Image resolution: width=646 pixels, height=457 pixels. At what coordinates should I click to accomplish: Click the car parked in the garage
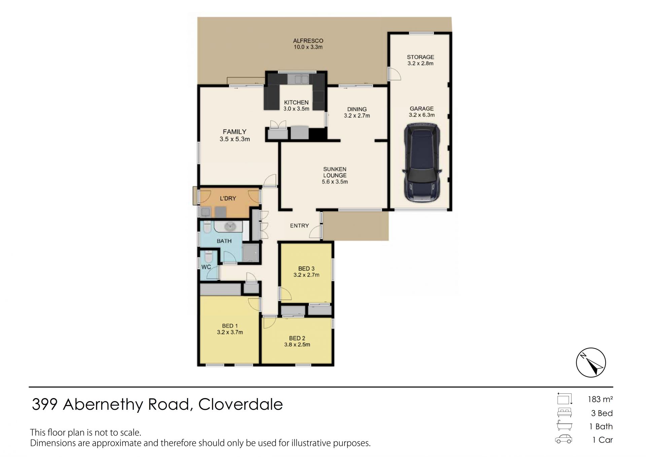[x=422, y=163]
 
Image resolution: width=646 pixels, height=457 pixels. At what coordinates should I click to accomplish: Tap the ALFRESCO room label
[x=308, y=41]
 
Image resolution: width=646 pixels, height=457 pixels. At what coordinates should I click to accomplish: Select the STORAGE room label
[x=420, y=57]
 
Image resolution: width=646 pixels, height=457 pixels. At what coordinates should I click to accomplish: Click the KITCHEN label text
[x=296, y=102]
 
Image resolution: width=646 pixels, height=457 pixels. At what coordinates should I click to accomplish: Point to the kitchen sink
[x=298, y=79]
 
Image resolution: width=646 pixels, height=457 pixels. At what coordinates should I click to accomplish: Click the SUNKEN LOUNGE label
[x=335, y=172]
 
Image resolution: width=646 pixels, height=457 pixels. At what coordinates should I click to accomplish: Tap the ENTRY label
[x=299, y=226]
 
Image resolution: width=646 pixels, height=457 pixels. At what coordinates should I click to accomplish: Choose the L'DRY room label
[x=228, y=198]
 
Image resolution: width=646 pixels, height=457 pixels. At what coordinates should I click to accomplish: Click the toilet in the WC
[x=208, y=257]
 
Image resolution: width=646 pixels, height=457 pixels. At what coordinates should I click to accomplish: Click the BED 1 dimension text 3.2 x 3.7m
[x=230, y=332]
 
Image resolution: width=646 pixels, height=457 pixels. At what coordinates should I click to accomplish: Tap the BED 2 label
[x=297, y=338]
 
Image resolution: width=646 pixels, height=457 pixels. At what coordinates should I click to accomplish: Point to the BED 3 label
[x=306, y=268]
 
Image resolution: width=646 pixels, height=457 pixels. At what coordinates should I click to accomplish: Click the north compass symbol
[x=591, y=362]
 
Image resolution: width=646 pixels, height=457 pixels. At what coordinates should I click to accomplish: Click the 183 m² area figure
[x=600, y=399]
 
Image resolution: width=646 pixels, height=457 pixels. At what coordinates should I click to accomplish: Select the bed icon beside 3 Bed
[x=564, y=413]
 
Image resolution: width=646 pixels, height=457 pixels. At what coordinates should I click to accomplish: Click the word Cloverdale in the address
[x=240, y=404]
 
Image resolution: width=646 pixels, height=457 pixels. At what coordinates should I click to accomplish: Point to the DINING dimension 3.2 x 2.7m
[x=357, y=116]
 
